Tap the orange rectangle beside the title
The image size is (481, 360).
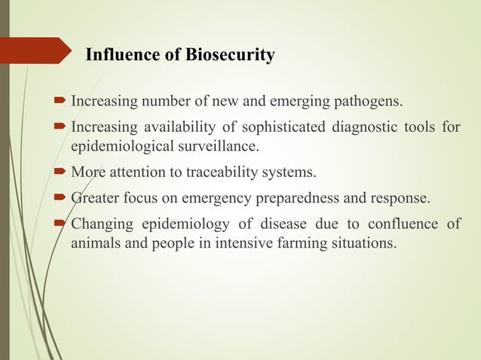point(35,54)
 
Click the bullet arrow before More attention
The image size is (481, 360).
point(61,175)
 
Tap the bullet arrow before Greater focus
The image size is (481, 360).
point(61,200)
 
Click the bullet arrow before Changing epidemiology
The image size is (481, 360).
point(61,224)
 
